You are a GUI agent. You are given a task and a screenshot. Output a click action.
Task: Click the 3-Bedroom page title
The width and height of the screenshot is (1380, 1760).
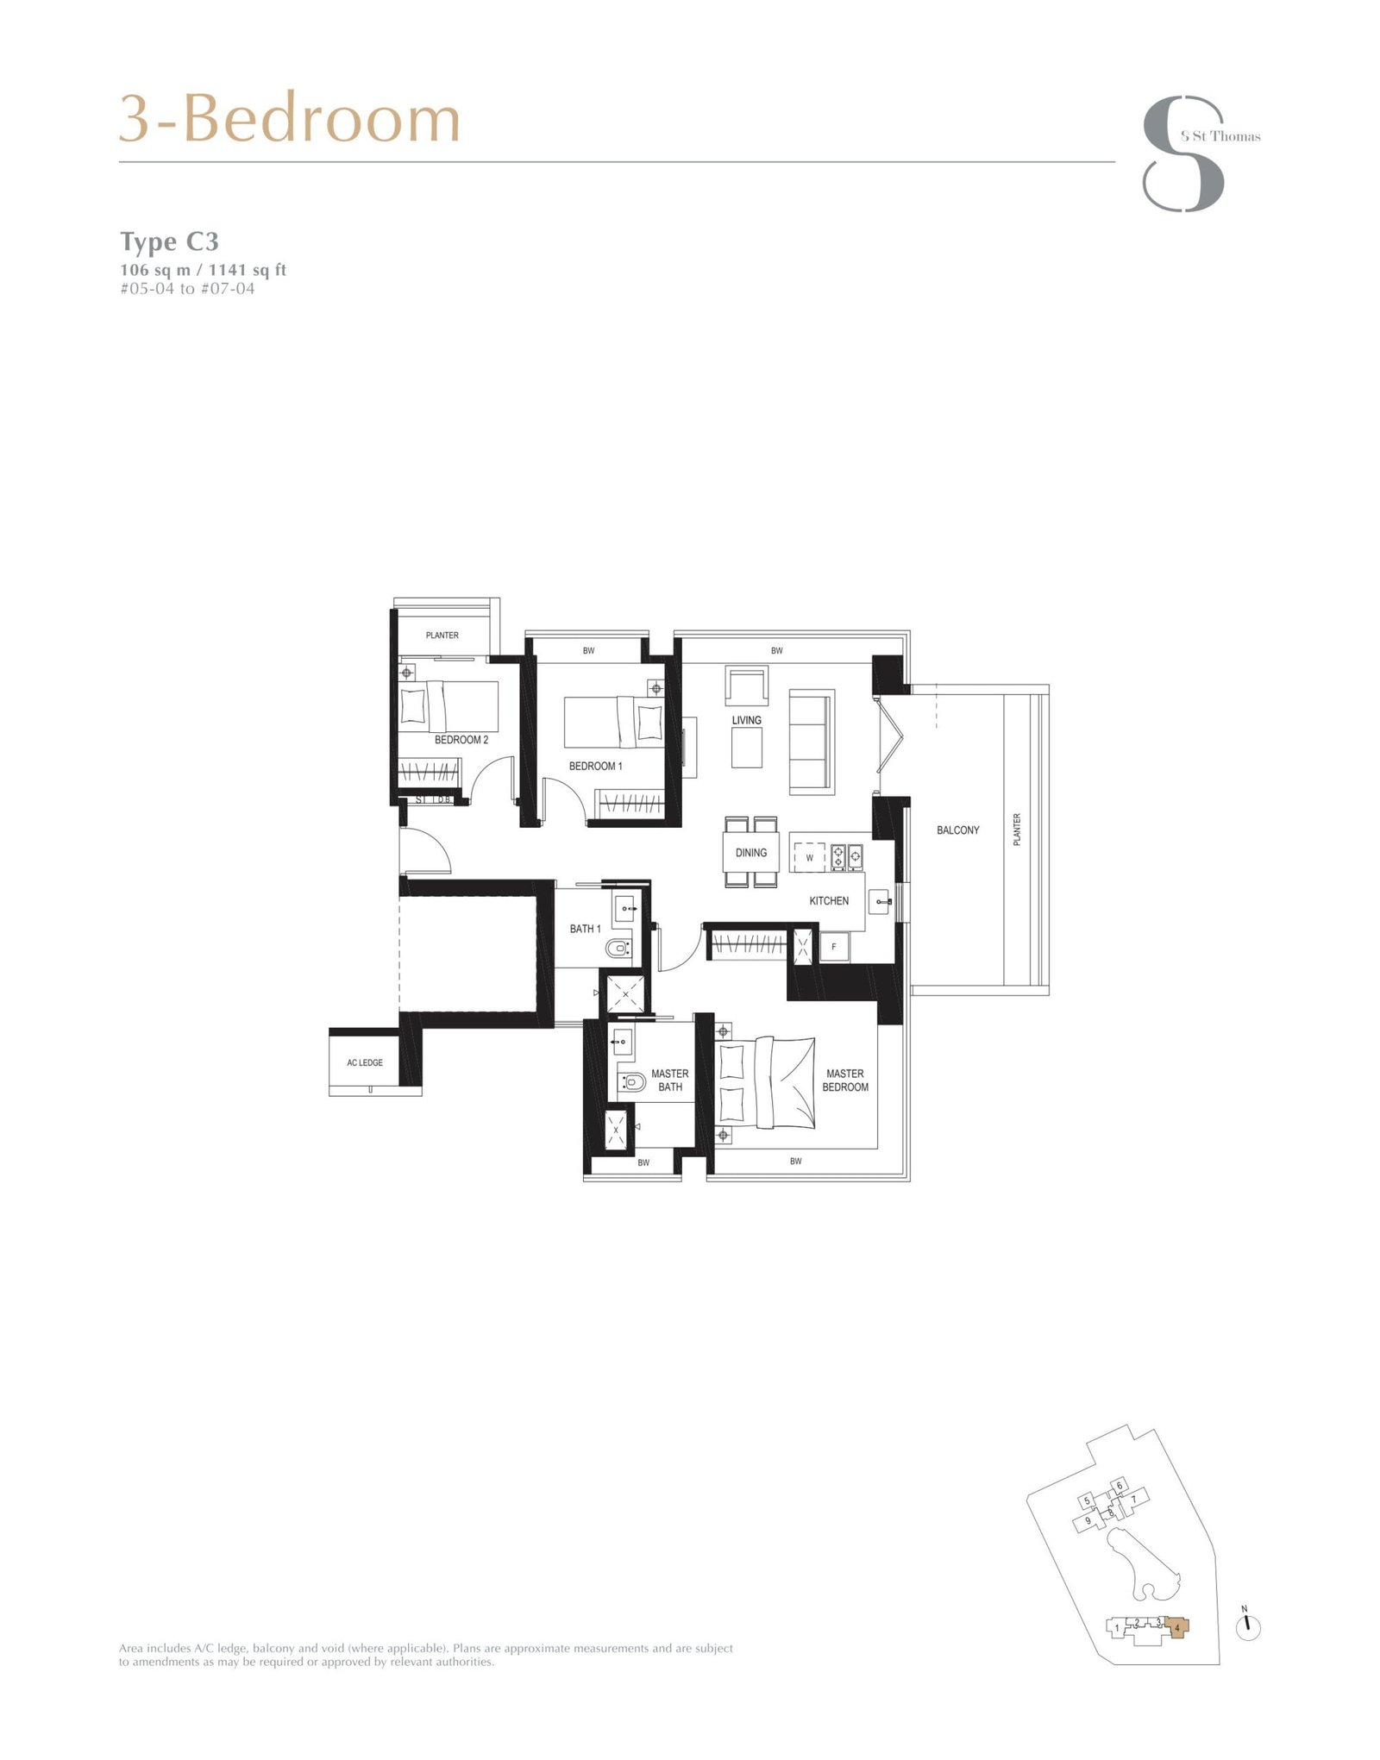click(x=289, y=119)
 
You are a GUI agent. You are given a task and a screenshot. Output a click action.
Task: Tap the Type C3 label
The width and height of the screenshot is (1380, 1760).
click(x=169, y=241)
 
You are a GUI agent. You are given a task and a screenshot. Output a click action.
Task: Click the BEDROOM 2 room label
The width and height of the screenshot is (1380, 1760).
click(x=461, y=740)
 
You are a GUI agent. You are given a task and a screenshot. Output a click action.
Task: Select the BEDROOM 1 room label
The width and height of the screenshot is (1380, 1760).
click(x=595, y=766)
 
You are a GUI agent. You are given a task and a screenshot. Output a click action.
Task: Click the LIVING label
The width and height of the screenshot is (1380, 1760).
click(x=746, y=720)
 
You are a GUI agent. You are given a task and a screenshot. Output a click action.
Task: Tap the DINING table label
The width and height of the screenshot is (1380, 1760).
click(x=750, y=853)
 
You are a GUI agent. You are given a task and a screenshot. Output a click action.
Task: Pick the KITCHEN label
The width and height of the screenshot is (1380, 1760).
click(x=828, y=901)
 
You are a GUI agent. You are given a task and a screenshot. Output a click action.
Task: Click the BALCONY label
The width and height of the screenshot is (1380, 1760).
click(x=957, y=830)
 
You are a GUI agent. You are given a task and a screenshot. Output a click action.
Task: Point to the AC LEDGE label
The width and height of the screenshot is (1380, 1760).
click(x=365, y=1063)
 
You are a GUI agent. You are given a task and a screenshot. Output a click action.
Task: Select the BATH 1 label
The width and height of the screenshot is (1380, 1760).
click(x=585, y=929)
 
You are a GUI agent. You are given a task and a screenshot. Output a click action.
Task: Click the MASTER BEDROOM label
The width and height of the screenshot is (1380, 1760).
click(x=844, y=1080)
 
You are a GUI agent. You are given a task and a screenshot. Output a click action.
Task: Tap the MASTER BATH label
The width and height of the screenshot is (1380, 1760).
click(x=669, y=1080)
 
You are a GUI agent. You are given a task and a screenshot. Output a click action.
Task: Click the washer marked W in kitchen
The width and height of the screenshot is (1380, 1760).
click(x=809, y=858)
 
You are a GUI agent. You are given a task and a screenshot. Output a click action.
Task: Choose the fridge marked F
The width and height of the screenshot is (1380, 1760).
click(x=834, y=947)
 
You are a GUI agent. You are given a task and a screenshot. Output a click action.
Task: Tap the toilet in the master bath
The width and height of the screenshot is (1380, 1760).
click(x=633, y=1082)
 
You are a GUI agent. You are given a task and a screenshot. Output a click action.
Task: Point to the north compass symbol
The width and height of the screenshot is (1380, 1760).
click(x=1247, y=1625)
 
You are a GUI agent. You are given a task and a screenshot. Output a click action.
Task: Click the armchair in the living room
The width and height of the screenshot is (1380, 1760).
click(x=745, y=687)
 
